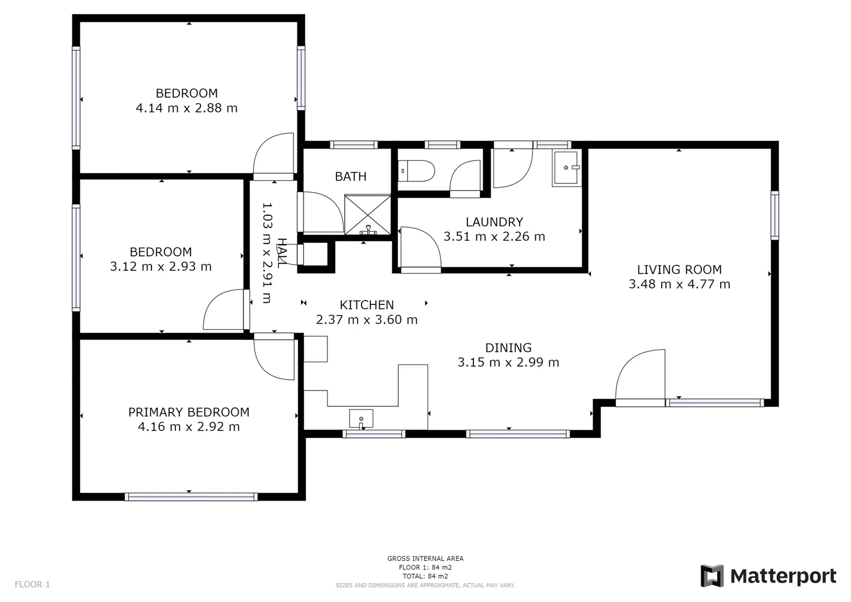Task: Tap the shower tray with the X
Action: point(368,214)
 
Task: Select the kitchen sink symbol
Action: point(361,418)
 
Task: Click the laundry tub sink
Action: point(566,167)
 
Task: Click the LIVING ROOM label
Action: point(679,270)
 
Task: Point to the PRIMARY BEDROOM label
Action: point(189,412)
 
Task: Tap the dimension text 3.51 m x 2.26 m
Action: point(494,237)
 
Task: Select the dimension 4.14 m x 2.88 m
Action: point(187,108)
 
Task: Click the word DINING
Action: point(508,348)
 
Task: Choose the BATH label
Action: point(350,177)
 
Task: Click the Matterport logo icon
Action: point(712,576)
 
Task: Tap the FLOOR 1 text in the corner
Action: point(32,584)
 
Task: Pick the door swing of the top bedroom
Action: point(274,154)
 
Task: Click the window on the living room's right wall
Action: point(774,215)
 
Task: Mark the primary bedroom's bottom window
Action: point(191,497)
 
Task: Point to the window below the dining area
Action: point(518,434)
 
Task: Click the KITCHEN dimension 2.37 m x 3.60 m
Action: point(366,320)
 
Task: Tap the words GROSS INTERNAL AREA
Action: point(425,559)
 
